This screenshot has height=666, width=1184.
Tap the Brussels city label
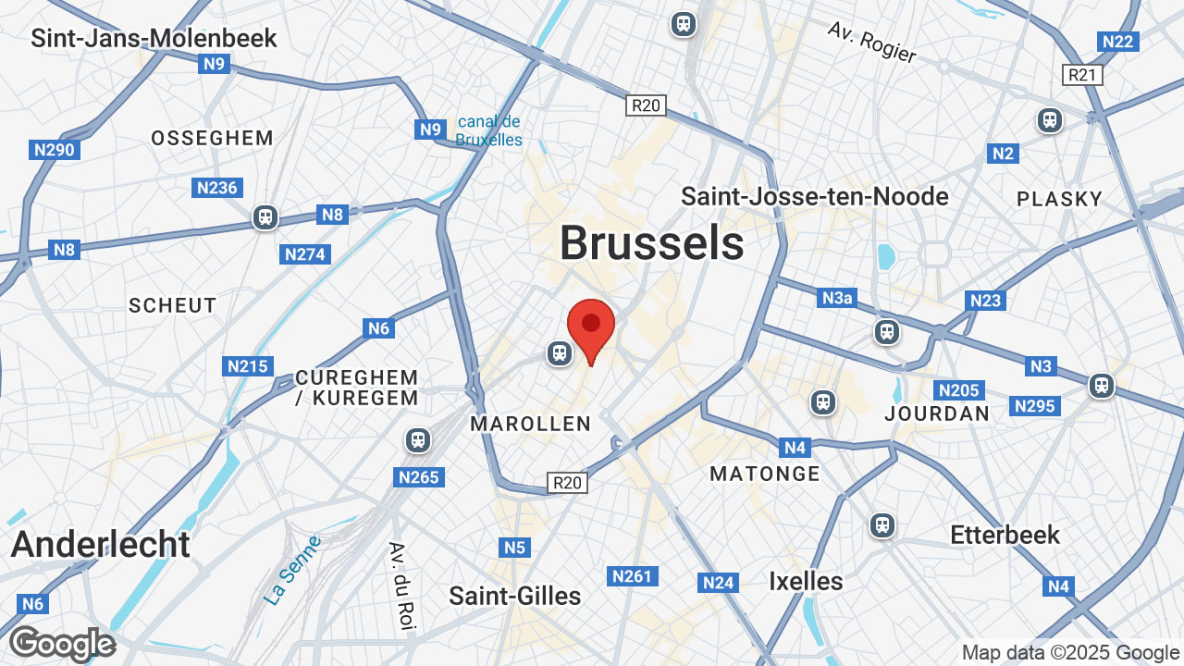(651, 243)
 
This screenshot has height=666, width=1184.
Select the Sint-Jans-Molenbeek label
(154, 38)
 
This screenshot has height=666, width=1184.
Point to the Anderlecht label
(100, 544)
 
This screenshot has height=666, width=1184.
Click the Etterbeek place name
(1005, 535)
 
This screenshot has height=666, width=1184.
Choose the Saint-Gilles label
(515, 596)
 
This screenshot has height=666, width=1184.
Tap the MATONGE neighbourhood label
(765, 474)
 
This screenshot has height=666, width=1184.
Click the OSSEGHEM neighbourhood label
(212, 139)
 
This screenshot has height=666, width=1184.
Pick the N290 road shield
(55, 150)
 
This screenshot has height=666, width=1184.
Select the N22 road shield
(1117, 42)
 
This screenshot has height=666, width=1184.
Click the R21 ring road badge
(1082, 75)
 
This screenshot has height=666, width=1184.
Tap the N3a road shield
(837, 298)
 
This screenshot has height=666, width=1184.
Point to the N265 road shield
(419, 477)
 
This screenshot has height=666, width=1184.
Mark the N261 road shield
(632, 576)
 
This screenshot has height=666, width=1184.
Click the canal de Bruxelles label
(488, 130)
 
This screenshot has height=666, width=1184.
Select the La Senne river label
(291, 570)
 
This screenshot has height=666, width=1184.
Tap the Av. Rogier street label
(872, 43)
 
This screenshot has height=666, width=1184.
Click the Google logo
(62, 644)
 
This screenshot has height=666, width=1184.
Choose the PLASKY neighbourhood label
(1059, 199)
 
